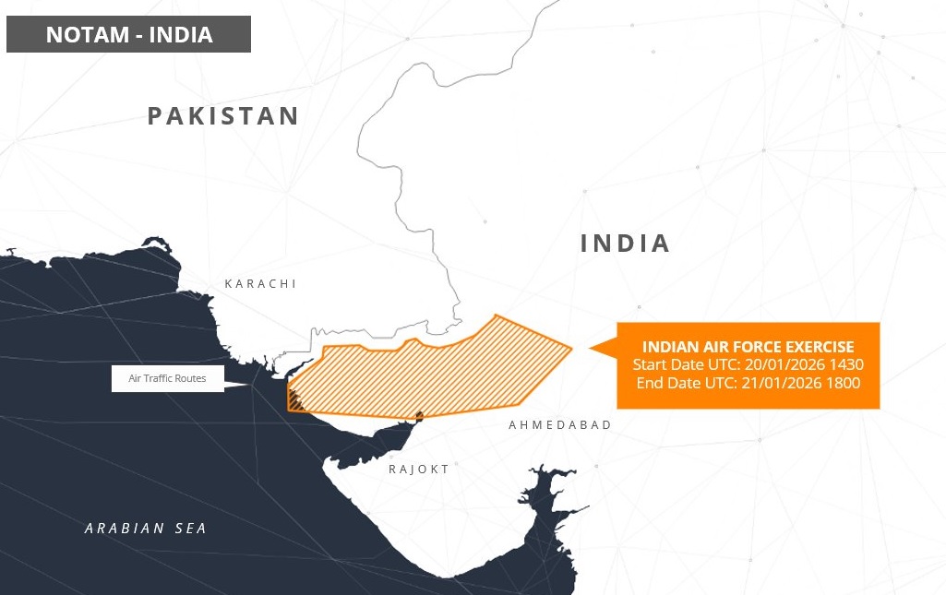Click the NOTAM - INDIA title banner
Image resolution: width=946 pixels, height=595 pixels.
click(x=128, y=35)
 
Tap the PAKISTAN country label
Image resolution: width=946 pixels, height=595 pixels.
click(x=223, y=116)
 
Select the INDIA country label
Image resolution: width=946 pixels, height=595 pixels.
click(x=625, y=244)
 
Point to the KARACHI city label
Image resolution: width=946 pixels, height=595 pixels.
click(x=260, y=284)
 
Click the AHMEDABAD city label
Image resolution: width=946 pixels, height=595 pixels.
click(x=560, y=424)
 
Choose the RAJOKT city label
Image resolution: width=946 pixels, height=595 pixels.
click(x=419, y=470)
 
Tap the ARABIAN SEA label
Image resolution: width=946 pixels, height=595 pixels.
click(x=146, y=529)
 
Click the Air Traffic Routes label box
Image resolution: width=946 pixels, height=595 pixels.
click(x=167, y=379)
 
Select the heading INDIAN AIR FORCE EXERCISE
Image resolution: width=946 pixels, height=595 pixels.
click(x=748, y=347)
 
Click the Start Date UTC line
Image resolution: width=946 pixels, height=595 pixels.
click(x=748, y=364)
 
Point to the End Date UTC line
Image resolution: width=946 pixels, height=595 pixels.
click(x=748, y=382)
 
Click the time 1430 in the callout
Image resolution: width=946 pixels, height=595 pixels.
click(x=845, y=364)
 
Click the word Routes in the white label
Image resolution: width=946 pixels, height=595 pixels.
click(x=190, y=379)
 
